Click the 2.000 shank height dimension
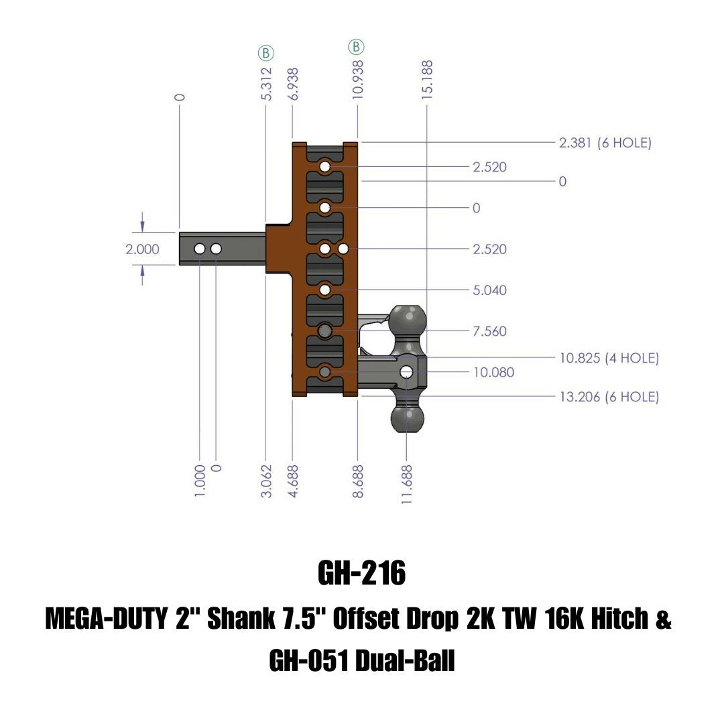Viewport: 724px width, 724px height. pos(142,249)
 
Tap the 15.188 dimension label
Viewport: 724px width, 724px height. pos(427,80)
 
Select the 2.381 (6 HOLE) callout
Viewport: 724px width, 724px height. pos(605,143)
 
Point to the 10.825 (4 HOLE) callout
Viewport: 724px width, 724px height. pos(609,358)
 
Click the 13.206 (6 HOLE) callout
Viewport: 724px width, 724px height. pos(609,397)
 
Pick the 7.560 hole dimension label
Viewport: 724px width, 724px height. pos(489,331)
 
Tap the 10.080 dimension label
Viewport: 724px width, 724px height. pos(493,372)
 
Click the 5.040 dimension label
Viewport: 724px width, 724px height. pos(489,290)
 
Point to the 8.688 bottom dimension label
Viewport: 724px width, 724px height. pos(358,481)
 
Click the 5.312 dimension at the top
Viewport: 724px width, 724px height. pos(266,83)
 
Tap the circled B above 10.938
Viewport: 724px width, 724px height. pos(357,47)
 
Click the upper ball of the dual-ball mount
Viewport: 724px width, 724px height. pos(408,318)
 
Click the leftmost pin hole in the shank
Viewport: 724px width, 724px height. pos(200,249)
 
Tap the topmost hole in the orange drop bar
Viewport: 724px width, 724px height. pos(325,166)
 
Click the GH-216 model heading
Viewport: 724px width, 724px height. pos(361,573)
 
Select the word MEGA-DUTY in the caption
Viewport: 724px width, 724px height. pos(105,619)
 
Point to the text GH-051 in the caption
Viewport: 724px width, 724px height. pos(308,661)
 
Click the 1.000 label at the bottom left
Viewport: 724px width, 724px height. pos(200,481)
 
